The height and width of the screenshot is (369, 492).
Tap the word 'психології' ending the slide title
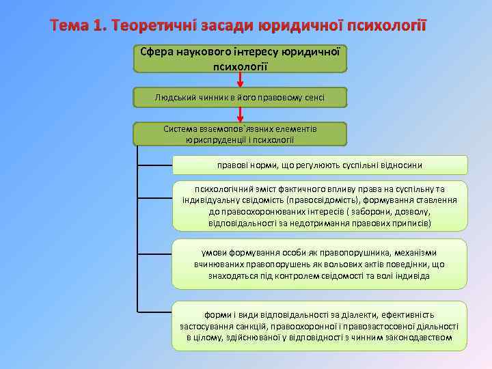(x=387, y=26)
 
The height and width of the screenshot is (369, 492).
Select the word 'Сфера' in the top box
(x=157, y=51)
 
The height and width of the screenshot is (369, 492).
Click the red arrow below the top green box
(x=240, y=79)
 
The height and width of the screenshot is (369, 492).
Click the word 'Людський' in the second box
(x=176, y=98)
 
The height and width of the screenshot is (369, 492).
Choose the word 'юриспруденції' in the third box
(x=215, y=139)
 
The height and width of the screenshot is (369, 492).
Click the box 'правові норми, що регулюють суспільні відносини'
(x=320, y=165)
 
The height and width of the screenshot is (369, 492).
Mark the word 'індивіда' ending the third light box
(x=411, y=275)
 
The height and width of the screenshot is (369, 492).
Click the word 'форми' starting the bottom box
(x=219, y=315)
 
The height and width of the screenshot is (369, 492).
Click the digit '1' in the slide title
(x=104, y=26)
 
